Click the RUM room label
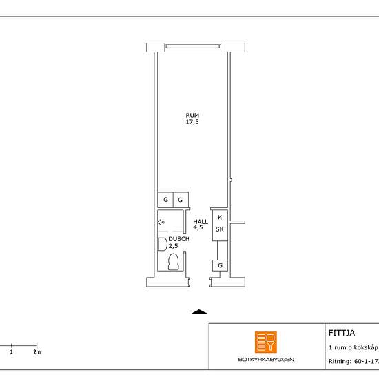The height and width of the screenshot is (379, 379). click(192, 115)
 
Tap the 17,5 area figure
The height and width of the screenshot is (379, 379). click(192, 122)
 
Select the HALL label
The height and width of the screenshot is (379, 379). click(201, 221)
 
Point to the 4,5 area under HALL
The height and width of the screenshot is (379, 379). click(198, 227)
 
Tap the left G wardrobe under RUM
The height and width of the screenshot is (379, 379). click(165, 200)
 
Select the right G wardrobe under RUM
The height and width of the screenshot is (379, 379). click(181, 200)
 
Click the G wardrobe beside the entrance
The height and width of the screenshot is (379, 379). click(220, 265)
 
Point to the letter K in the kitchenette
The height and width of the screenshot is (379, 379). click(219, 217)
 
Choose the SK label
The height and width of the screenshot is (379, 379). click(219, 229)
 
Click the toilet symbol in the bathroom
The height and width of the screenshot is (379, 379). click(174, 262)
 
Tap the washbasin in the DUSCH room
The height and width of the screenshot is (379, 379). click(162, 244)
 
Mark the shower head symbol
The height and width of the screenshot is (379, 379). click(161, 222)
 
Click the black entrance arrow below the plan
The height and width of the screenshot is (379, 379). click(199, 311)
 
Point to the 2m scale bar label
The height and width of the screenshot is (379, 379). click(37, 352)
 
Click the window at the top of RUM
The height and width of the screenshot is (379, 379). click(193, 48)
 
